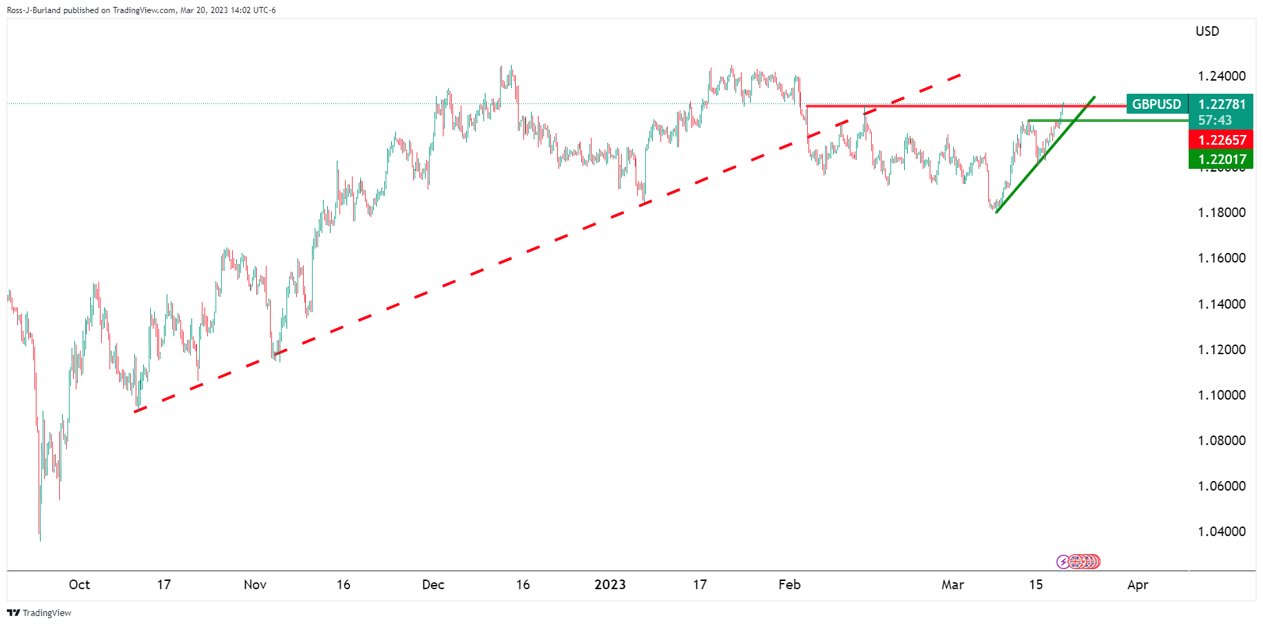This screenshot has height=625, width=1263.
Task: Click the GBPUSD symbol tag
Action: coord(1156,104)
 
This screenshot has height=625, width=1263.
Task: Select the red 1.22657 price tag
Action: coord(1222,140)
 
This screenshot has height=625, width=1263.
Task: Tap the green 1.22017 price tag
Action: coord(1222,159)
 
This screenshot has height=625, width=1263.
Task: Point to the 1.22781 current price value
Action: coord(1222,104)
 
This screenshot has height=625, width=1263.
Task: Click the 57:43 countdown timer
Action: coord(1215,120)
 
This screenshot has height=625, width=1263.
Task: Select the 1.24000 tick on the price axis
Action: coord(1221,76)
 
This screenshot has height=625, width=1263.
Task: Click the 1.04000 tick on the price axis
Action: coord(1221,531)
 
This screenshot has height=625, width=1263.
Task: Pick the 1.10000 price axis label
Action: coord(1221,395)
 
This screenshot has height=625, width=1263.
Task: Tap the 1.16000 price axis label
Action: coord(1221,258)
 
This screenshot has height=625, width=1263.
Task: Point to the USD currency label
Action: coord(1207,31)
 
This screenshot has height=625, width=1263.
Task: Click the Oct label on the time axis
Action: coord(79,584)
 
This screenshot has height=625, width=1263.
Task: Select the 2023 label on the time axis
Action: coord(609,584)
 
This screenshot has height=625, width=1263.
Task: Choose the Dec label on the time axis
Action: coord(433,584)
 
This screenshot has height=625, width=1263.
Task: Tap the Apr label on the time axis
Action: coord(1138,584)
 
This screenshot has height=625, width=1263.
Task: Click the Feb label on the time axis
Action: coord(789,584)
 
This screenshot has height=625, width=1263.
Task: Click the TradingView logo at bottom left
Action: coord(39,613)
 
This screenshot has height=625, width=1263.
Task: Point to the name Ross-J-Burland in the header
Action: coord(34,10)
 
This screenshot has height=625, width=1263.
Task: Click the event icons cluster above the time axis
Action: coord(1079,562)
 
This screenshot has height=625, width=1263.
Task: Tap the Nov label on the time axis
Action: coord(255,584)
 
